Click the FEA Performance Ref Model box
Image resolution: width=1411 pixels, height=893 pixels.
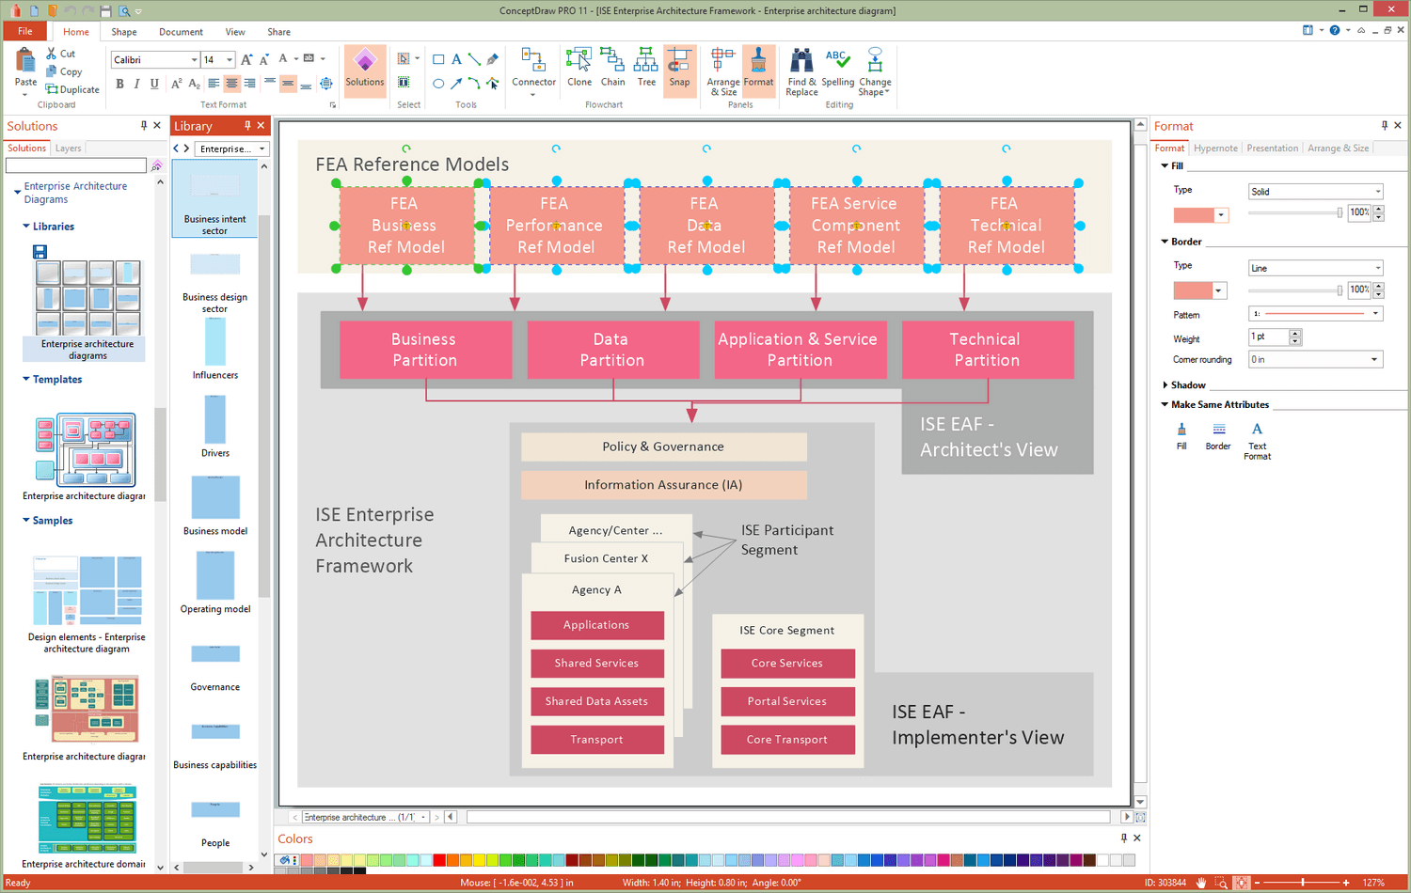click(x=555, y=226)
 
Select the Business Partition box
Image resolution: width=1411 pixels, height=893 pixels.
click(x=424, y=350)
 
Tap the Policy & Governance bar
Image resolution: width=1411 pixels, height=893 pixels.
click(x=663, y=446)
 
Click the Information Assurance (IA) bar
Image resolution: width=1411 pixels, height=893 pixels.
click(x=663, y=485)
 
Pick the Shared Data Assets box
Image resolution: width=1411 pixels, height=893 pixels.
click(x=596, y=701)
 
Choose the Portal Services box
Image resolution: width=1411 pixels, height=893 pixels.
click(x=787, y=701)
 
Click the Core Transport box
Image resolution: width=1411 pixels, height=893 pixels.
click(x=787, y=740)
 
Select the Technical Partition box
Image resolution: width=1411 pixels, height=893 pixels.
click(x=987, y=350)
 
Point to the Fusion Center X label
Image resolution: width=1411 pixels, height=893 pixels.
click(x=606, y=558)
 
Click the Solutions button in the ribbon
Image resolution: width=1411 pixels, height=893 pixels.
click(x=365, y=69)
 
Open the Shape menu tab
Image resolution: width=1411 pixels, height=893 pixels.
click(x=124, y=32)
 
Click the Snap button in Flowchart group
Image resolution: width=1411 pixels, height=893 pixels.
click(x=679, y=69)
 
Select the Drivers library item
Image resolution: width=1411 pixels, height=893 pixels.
click(x=215, y=426)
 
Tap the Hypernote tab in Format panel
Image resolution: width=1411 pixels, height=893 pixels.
click(x=1215, y=149)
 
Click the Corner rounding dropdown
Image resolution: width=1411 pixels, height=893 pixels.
click(x=1314, y=359)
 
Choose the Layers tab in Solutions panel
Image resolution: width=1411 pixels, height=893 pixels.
click(x=68, y=149)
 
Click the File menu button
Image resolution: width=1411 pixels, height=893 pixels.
click(x=24, y=32)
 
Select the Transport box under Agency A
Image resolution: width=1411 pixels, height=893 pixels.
click(x=596, y=740)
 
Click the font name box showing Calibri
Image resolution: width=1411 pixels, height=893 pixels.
click(x=154, y=60)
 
